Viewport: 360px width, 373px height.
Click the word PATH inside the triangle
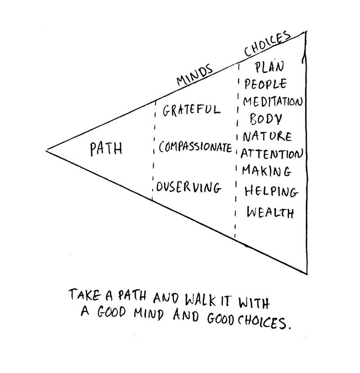[x=106, y=148]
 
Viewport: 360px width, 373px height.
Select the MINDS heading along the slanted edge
[x=194, y=75]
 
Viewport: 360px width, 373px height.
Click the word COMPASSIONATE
[x=195, y=148]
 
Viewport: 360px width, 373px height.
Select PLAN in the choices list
[x=269, y=67]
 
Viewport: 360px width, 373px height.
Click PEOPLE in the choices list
[x=265, y=84]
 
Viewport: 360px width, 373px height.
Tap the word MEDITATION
[x=272, y=102]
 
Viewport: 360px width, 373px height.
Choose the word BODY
[x=266, y=119]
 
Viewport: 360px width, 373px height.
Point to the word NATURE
[x=267, y=136]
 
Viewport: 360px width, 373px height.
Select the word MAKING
[x=266, y=171]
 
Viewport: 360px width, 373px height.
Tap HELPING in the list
[x=271, y=192]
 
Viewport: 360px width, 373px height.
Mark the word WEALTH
[x=270, y=212]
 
